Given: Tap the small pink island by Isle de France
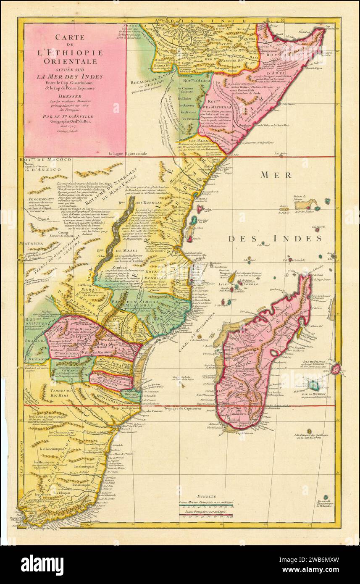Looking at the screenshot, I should click(335, 369).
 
